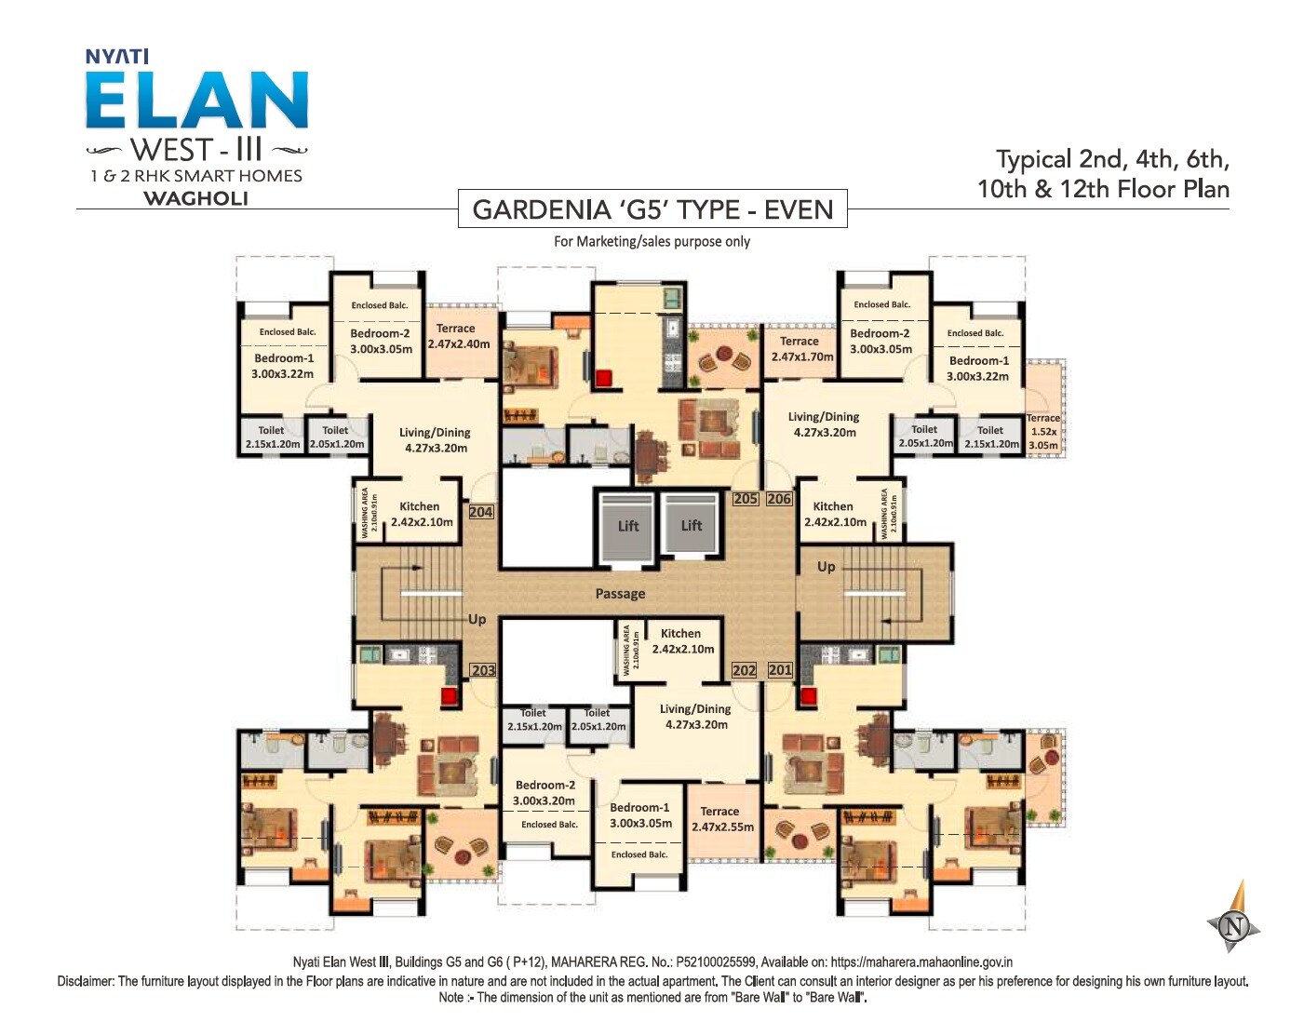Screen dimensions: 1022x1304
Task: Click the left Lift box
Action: pos(628,527)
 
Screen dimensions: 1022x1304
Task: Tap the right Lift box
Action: pos(691,526)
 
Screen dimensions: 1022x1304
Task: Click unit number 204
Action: pos(481,512)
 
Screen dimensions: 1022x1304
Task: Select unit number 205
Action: pos(746,499)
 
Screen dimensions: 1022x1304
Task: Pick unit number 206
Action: pos(779,499)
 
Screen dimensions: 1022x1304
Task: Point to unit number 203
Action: pos(483,670)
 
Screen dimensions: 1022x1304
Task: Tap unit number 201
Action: pos(780,670)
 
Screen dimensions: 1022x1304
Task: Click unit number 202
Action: pos(745,670)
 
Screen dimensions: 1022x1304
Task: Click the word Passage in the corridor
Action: pos(620,594)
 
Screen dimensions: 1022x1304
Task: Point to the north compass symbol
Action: pos(1235,925)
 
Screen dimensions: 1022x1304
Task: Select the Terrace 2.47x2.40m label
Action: pos(458,336)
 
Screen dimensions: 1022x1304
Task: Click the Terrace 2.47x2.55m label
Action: pos(721,819)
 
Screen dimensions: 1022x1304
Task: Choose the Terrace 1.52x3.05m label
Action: pos(1043,432)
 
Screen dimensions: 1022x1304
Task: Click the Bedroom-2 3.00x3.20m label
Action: pos(544,793)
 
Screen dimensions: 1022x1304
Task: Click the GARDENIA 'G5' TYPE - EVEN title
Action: pos(652,209)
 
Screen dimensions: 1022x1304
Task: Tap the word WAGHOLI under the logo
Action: pos(195,198)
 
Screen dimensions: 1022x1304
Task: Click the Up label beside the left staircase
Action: pos(477,620)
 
